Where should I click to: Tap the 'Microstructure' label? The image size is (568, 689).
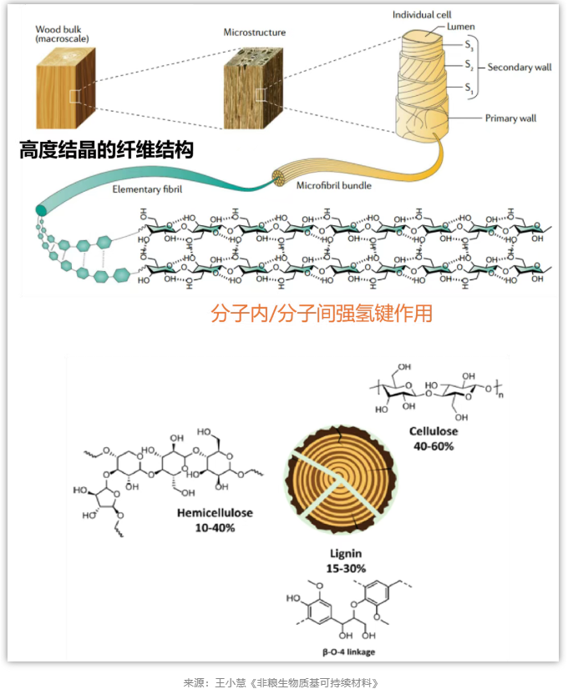pyautogui.click(x=254, y=33)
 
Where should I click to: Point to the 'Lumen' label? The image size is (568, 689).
pyautogui.click(x=460, y=27)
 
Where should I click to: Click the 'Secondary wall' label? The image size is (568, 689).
pyautogui.click(x=520, y=67)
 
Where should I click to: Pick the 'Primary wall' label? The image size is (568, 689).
pyautogui.click(x=510, y=118)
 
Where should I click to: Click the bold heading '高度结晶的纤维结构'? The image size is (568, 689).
pyautogui.click(x=107, y=150)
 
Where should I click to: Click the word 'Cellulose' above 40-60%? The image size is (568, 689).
pyautogui.click(x=434, y=431)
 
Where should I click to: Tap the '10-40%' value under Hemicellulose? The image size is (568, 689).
pyautogui.click(x=216, y=528)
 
